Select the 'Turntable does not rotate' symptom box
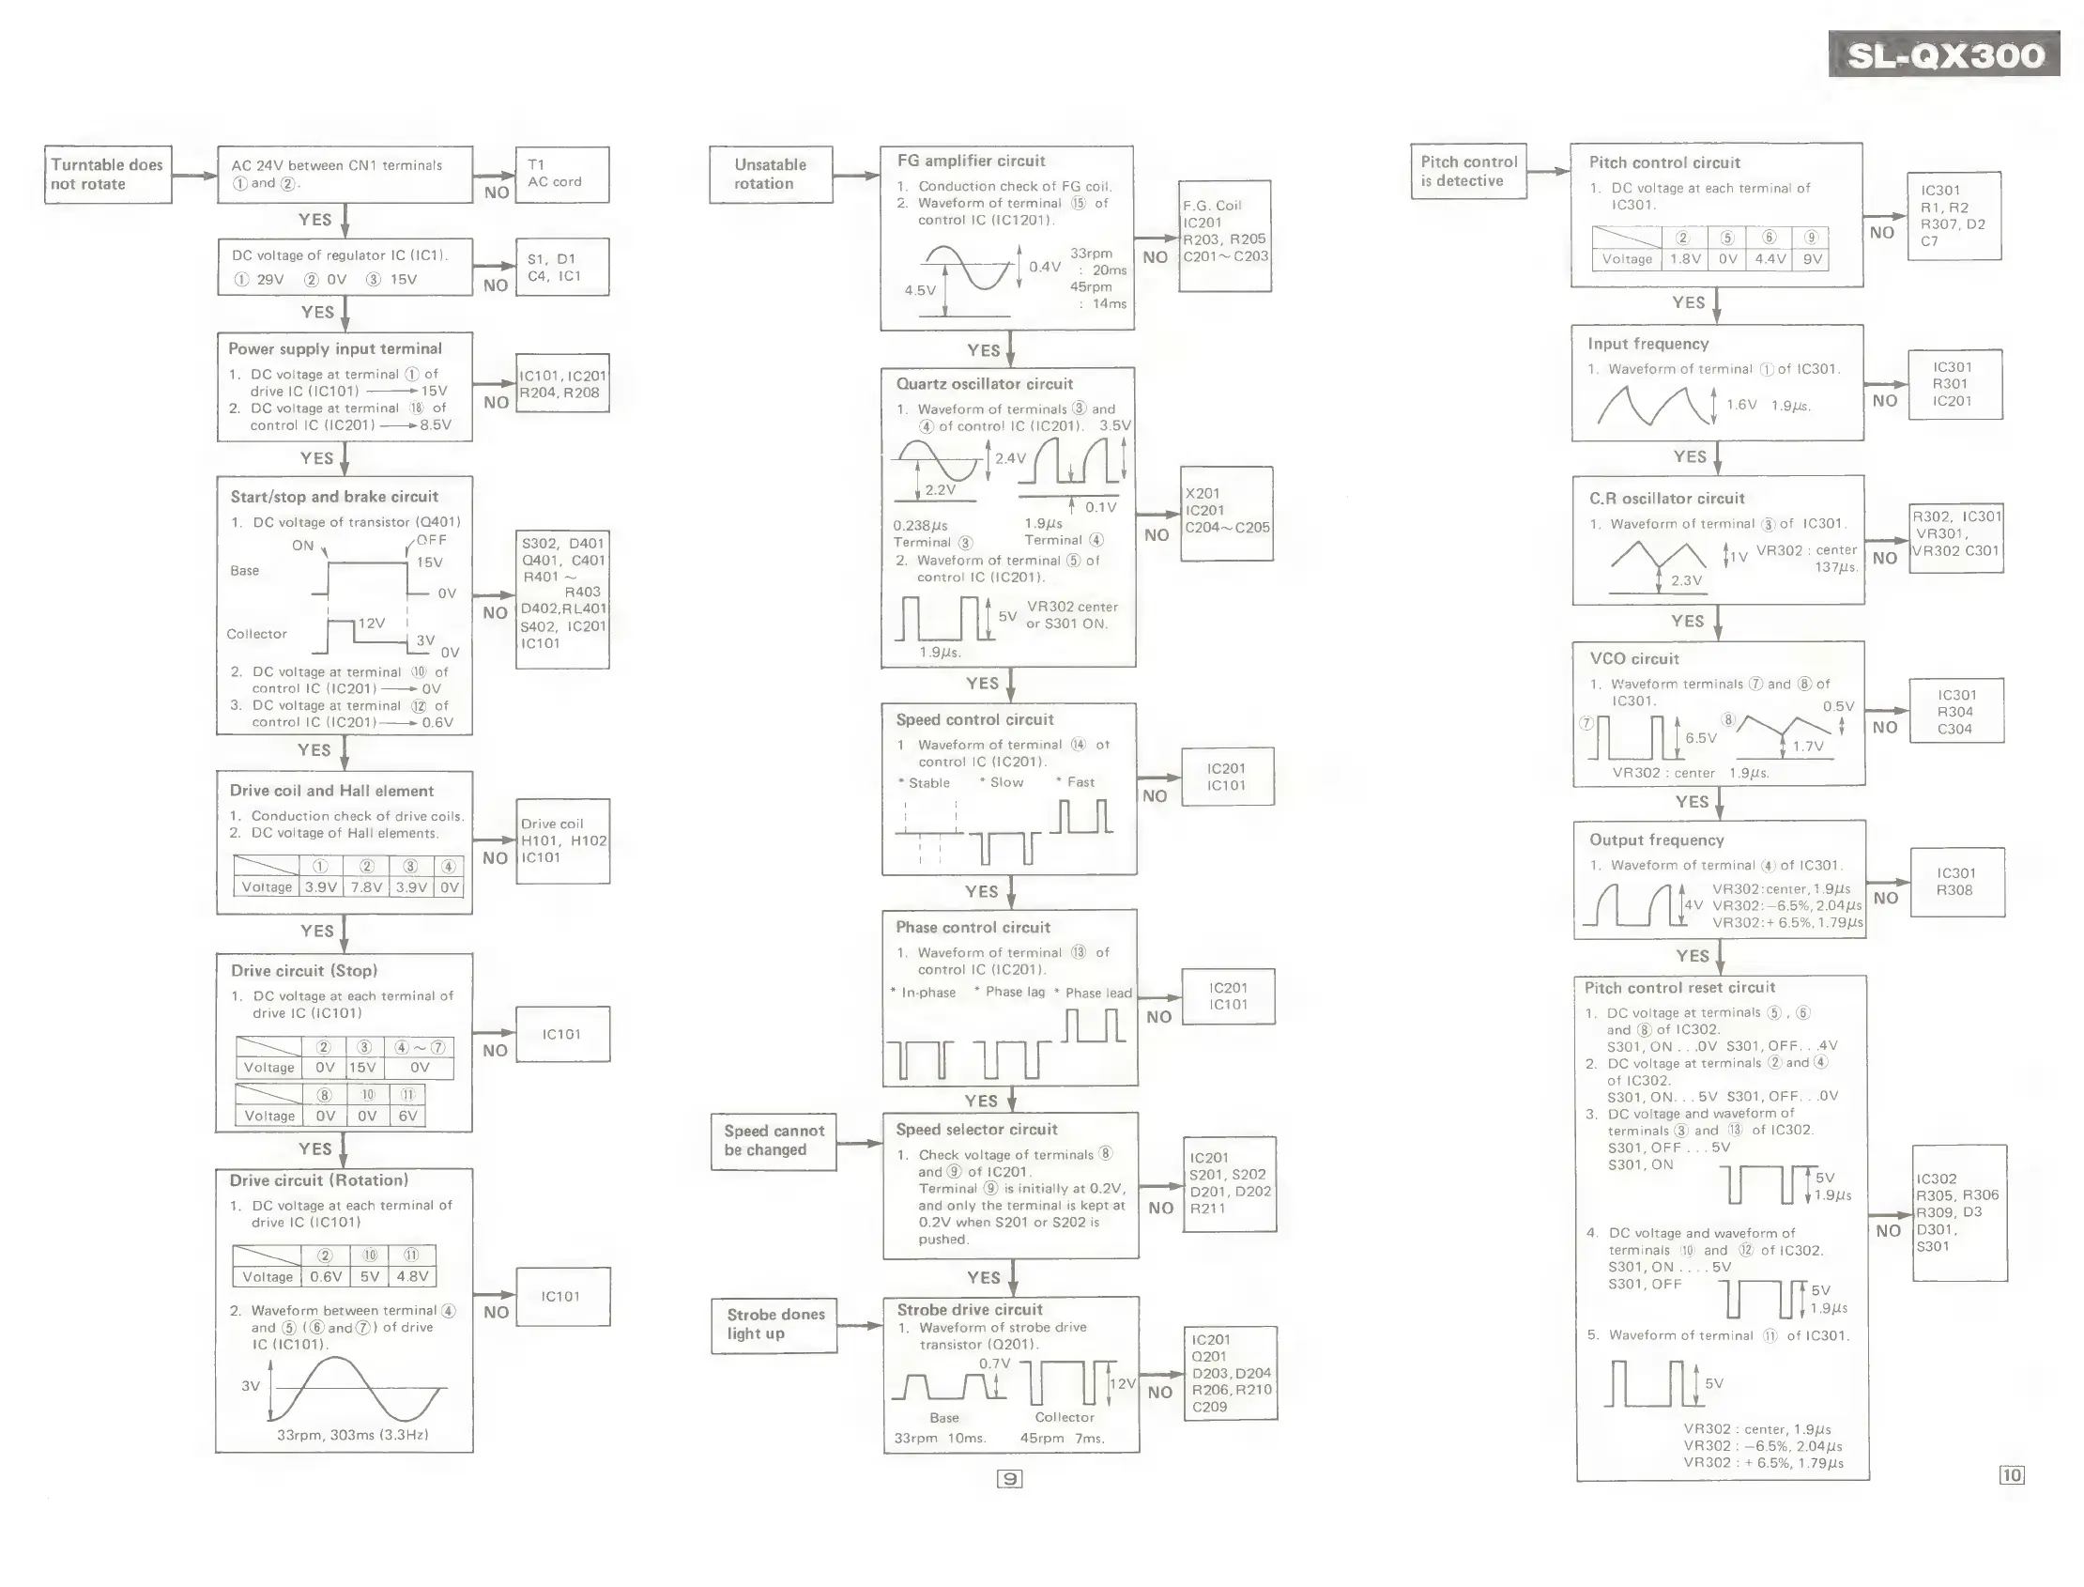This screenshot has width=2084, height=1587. [108, 175]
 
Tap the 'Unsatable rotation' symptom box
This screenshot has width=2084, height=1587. [771, 175]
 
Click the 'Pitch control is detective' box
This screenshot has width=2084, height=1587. [1468, 172]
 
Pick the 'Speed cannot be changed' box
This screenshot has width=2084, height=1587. [774, 1141]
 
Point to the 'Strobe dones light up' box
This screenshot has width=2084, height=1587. [774, 1324]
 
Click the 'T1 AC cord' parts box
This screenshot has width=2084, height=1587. [562, 175]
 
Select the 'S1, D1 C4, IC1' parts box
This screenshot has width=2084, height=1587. [562, 268]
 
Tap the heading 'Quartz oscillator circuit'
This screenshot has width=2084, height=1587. [984, 384]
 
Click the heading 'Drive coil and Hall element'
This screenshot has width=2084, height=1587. [331, 792]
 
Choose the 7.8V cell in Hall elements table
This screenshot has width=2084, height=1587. [366, 888]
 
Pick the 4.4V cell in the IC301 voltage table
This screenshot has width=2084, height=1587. [1770, 260]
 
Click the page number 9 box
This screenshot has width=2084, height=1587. [1009, 1479]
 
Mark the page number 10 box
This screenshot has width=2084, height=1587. [2012, 1475]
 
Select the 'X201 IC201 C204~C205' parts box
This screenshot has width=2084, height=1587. [1227, 513]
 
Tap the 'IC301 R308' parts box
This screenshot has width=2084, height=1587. [1956, 883]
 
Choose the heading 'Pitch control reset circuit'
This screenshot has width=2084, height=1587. [1678, 988]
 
